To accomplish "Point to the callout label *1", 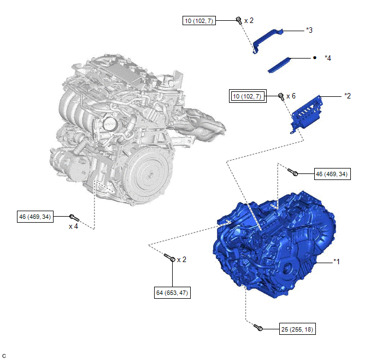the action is tap(337, 262).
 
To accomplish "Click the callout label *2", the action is tap(348, 96).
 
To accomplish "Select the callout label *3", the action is tap(309, 30).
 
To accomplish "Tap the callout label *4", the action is tap(328, 58).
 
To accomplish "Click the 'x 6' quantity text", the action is tap(291, 96).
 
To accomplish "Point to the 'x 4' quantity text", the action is tap(73, 227).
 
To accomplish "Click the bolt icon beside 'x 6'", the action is tap(281, 96).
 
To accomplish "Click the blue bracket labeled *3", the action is tap(266, 40).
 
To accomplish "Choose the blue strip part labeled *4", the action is tap(279, 65).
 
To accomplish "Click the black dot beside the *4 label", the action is tap(315, 58).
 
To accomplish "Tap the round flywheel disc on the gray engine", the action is tap(149, 175).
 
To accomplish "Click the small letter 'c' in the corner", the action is tap(4, 356).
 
